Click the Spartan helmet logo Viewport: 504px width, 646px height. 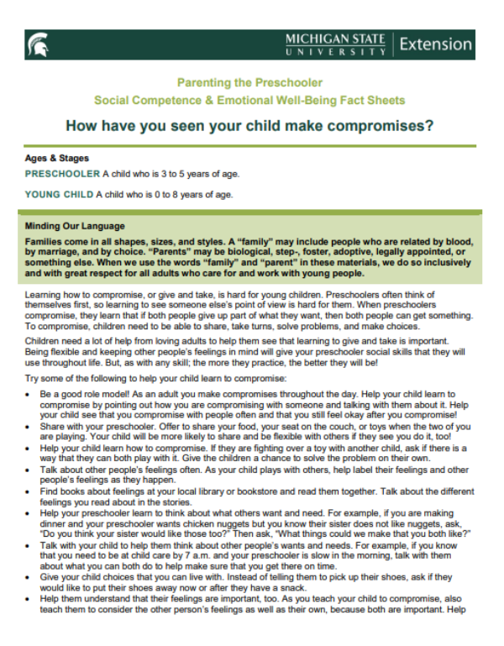[x=38, y=45]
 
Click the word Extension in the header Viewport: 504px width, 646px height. [x=435, y=44]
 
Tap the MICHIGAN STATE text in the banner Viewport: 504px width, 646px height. [x=336, y=39]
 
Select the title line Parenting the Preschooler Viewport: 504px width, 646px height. [x=249, y=82]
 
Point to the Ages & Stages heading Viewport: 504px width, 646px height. [x=57, y=158]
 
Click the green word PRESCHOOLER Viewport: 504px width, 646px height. [x=62, y=174]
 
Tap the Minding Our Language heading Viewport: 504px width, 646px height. [x=75, y=226]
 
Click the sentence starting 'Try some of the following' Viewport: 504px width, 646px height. [x=134, y=379]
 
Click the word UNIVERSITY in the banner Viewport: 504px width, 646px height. [x=336, y=52]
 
